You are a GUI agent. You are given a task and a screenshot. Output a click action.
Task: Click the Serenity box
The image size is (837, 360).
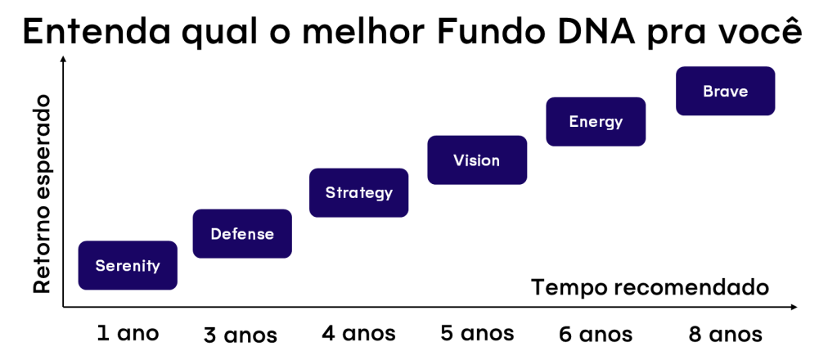(x=128, y=265)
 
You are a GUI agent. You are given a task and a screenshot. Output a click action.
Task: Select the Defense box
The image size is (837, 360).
(x=242, y=234)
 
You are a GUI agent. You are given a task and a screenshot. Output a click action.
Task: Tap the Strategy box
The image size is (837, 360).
(x=359, y=193)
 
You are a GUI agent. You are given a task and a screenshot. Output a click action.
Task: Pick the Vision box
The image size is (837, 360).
(x=477, y=160)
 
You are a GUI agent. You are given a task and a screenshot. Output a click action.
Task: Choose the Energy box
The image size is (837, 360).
(x=596, y=122)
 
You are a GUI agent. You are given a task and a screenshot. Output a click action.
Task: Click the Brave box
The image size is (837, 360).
(x=725, y=91)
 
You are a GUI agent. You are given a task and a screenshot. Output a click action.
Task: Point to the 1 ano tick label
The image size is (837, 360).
(x=127, y=333)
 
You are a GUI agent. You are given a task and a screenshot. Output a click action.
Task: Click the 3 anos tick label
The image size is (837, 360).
(x=241, y=335)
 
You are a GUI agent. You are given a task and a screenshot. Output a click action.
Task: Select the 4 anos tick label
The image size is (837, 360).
(x=358, y=334)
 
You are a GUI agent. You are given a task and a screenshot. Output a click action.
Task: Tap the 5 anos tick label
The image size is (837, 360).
(x=477, y=334)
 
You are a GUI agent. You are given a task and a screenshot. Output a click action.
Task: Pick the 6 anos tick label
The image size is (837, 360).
(x=596, y=335)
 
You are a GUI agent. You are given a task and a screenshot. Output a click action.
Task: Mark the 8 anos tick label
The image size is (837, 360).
(x=725, y=335)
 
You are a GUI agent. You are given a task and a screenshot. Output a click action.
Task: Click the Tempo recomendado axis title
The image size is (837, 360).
(x=650, y=288)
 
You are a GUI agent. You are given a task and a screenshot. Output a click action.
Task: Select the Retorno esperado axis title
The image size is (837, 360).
(x=42, y=194)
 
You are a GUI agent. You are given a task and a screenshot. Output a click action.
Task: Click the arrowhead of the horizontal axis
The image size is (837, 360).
(x=794, y=308)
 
